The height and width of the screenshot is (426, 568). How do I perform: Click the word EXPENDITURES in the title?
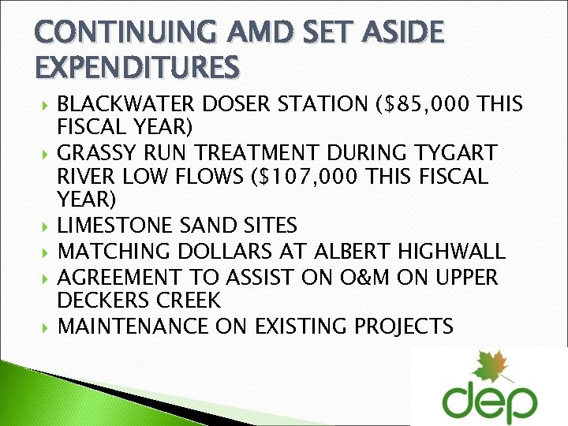136,66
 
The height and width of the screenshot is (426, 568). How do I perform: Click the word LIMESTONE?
116,226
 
